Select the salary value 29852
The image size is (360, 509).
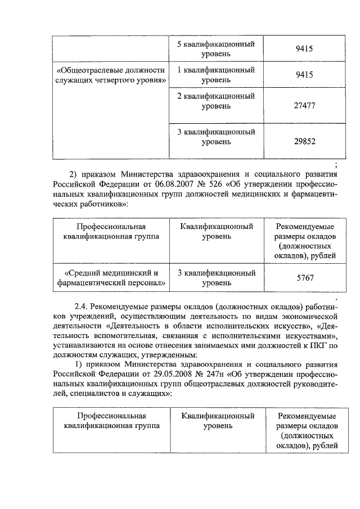coord(304,142)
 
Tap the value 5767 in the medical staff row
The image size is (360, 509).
coord(304,278)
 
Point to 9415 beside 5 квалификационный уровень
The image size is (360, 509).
coord(304,49)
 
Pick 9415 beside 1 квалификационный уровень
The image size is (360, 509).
coord(304,75)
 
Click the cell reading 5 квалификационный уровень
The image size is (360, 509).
coord(217,49)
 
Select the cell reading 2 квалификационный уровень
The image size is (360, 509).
coord(217,101)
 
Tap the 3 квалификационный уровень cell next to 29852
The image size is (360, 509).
coord(217,137)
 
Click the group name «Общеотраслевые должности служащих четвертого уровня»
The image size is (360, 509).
coord(111,75)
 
